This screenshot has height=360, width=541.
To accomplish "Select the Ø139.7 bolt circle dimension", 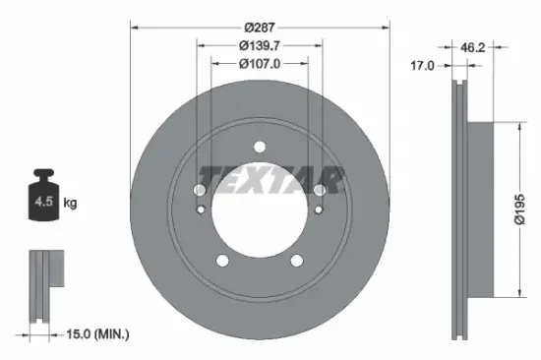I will tap(260, 44).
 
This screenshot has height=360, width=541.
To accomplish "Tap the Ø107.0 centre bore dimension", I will tap(260, 65).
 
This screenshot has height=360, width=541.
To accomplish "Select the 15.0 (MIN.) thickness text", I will tap(96, 334).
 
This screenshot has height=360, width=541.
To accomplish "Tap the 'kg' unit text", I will tap(70, 204).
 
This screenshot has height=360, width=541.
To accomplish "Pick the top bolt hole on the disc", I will tap(260, 148).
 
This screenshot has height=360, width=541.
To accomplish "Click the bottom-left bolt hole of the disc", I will tap(222, 261).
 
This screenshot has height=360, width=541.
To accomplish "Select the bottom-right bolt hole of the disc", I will tap(298, 261).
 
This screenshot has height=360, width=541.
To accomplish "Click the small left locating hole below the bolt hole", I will tap(202, 210).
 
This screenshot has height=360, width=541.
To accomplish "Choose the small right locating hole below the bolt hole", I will tap(319, 210).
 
